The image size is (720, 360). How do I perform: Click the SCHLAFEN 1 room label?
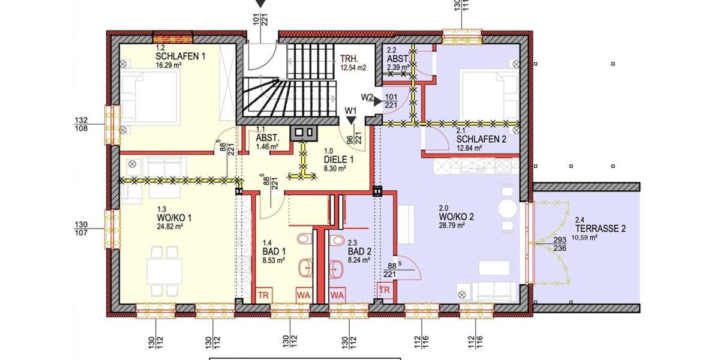point(181,56)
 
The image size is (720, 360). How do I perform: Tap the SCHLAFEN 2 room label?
point(481,139)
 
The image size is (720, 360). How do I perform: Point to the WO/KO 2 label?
point(457,217)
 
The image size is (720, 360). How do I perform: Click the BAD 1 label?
point(273,251)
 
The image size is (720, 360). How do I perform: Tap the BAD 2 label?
point(360,252)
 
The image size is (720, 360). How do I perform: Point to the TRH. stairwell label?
point(349,59)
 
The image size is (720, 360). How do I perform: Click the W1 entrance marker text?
point(351,110)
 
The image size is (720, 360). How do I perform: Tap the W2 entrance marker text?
point(367,97)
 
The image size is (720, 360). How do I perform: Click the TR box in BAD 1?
point(263,295)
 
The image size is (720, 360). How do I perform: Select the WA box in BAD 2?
point(337,295)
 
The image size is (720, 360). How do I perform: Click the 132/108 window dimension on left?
point(81,124)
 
